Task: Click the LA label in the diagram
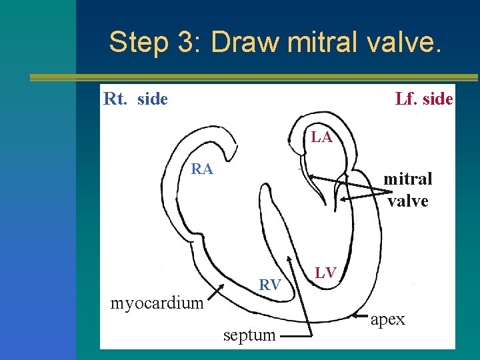[x=321, y=138]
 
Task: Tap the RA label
[x=202, y=169]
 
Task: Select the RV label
[x=269, y=285]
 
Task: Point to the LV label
[x=326, y=272]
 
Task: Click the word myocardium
[x=157, y=303]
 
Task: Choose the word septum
[x=249, y=335]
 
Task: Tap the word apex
[x=388, y=319]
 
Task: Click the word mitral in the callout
[x=407, y=179]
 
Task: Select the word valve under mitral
[x=407, y=200]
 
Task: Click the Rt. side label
[x=136, y=99]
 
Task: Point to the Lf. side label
[x=424, y=99]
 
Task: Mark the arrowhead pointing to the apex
[x=357, y=315]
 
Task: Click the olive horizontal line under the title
[x=253, y=77]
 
